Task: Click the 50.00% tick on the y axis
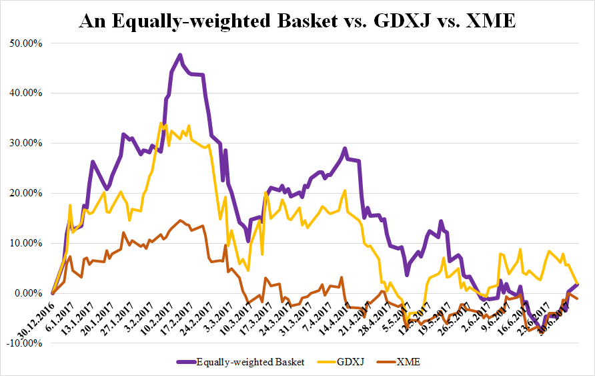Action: click(26, 43)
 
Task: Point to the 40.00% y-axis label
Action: click(26, 93)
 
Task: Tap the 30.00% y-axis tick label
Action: click(26, 143)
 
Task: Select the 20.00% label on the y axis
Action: click(26, 193)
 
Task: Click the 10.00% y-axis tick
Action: click(26, 243)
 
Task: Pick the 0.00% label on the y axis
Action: click(29, 293)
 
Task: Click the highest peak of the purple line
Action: click(180, 55)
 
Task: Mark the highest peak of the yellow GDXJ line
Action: click(160, 123)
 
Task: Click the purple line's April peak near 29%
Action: click(345, 148)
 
